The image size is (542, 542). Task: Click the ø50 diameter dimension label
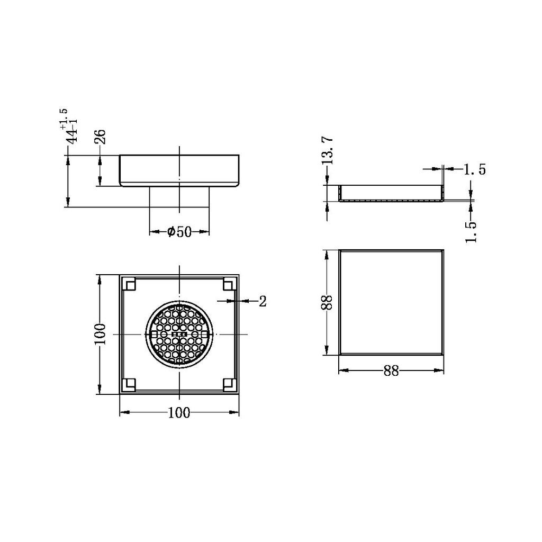(179, 232)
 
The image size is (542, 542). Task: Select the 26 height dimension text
(101, 137)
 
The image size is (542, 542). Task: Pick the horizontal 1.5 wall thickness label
(474, 169)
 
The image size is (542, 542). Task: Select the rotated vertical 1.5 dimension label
(471, 231)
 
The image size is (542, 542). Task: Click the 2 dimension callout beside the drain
(263, 302)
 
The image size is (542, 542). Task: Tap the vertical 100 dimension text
(101, 335)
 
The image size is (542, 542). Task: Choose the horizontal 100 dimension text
(179, 413)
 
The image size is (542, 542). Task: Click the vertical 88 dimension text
(328, 302)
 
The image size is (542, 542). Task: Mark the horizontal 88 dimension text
(391, 372)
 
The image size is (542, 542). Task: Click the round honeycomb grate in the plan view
(179, 335)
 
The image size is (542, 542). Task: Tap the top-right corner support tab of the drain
(229, 285)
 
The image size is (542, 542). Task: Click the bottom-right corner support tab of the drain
(229, 384)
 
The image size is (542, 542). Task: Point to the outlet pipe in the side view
(179, 197)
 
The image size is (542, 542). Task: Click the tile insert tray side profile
(391, 194)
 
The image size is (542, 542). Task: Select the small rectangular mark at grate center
(179, 335)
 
